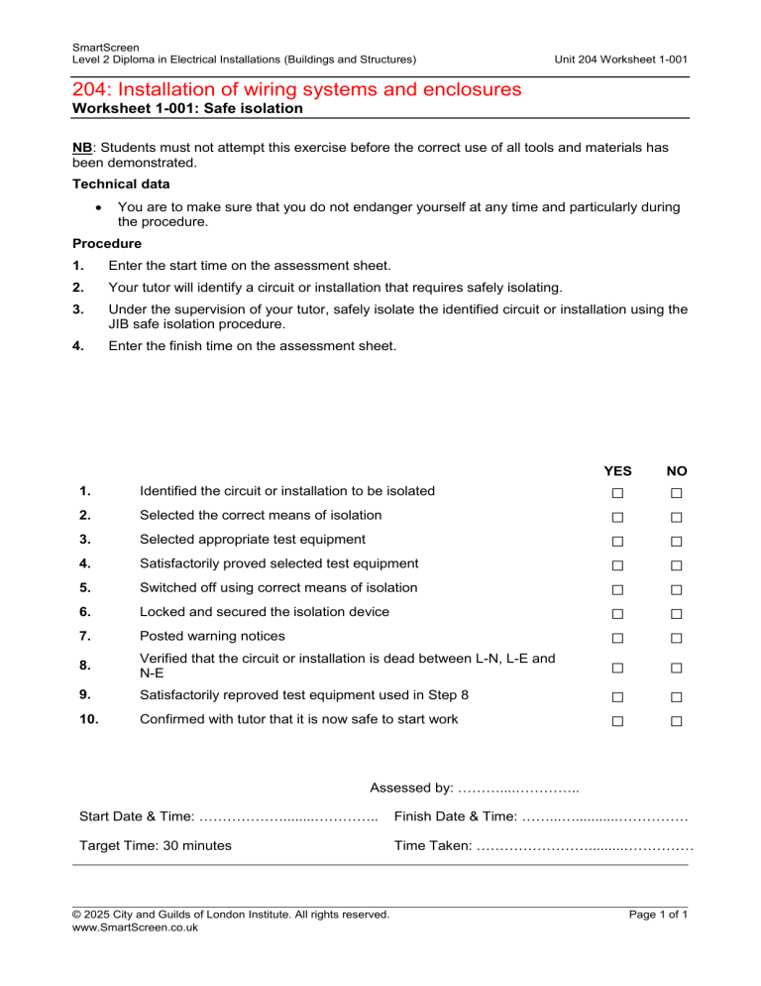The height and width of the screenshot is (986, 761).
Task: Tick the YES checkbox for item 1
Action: click(616, 493)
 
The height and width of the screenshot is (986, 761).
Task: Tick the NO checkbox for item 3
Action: click(676, 542)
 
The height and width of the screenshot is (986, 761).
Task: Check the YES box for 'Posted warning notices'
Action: click(616, 638)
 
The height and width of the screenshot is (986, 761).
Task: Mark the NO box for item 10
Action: click(676, 722)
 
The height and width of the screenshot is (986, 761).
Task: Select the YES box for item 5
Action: click(616, 590)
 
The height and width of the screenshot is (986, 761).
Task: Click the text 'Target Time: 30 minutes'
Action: click(155, 846)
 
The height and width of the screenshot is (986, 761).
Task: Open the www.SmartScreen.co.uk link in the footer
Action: click(136, 927)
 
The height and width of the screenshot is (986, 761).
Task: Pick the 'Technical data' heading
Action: click(120, 185)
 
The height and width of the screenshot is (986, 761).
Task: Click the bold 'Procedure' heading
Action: click(107, 243)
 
